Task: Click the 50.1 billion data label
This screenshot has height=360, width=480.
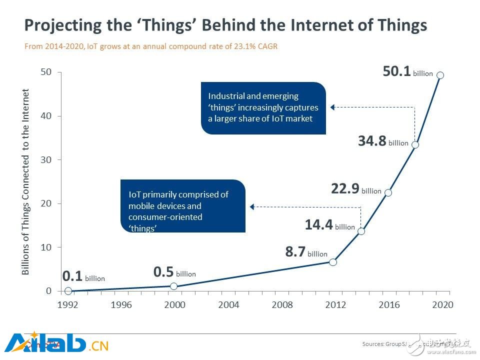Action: point(407,72)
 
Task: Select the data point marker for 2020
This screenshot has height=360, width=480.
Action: point(440,75)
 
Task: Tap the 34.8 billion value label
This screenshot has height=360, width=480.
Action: point(383,141)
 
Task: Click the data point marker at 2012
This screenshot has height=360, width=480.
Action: point(333,262)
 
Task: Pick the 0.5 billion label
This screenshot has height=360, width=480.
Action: point(174,272)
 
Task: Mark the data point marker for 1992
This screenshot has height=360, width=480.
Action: point(68,291)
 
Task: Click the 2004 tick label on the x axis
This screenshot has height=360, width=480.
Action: point(228,305)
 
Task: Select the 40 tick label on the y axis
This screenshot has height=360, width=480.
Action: point(45,116)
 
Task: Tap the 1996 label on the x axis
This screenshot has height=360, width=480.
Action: point(121,305)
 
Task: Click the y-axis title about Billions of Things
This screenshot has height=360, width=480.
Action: point(26,182)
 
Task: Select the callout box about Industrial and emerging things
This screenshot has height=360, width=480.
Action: point(263,108)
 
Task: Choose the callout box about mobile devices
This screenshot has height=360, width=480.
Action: point(183,206)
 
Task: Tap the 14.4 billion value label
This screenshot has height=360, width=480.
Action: point(329,225)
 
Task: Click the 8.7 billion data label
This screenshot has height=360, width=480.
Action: point(306,252)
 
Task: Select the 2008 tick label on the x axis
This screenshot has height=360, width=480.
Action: point(282,305)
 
